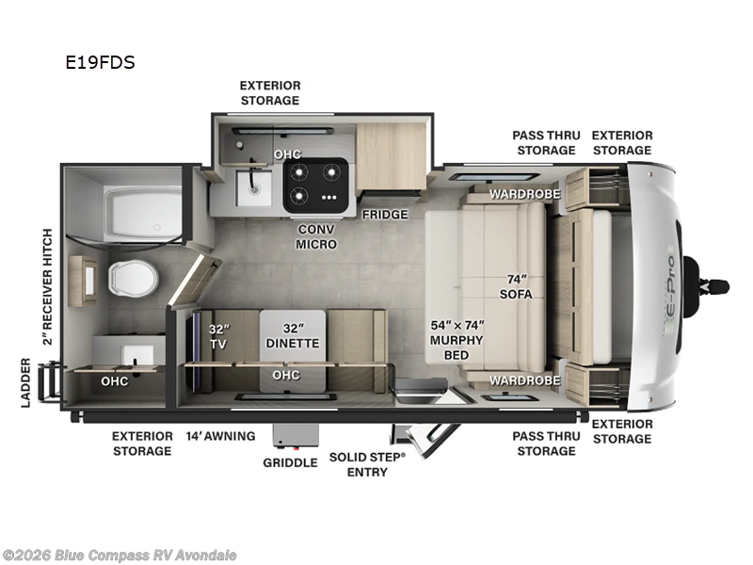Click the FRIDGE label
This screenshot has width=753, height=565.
[385, 215]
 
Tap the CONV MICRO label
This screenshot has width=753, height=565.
[316, 236]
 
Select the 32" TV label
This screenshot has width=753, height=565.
[219, 337]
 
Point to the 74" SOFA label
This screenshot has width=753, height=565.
[516, 285]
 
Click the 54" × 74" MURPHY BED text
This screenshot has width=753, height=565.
[457, 339]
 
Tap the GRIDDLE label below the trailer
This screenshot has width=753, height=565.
[290, 462]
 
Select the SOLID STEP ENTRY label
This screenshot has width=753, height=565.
[367, 463]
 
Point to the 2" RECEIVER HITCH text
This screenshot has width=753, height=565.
[48, 285]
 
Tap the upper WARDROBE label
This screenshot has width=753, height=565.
[524, 194]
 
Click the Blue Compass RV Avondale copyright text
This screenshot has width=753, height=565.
[120, 555]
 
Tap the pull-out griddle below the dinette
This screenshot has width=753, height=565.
[290, 436]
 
